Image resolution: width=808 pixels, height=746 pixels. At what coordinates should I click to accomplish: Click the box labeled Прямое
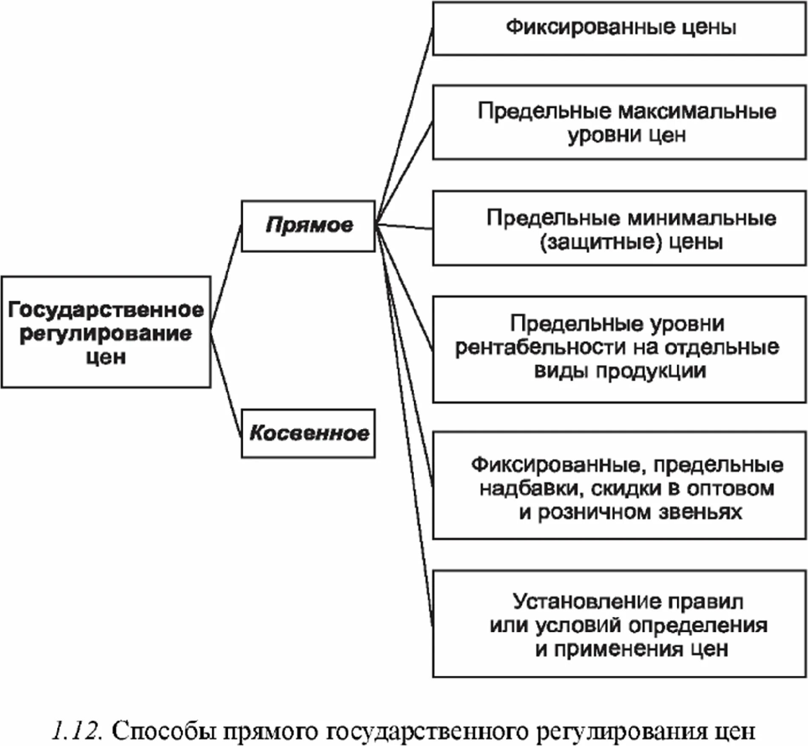tap(308, 226)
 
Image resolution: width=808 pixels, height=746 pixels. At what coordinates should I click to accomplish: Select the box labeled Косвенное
tap(308, 434)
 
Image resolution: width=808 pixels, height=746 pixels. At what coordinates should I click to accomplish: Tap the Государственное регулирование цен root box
tap(106, 332)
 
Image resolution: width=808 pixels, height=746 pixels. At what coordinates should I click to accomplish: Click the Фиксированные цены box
tap(619, 28)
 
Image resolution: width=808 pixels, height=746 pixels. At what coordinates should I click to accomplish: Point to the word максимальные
tap(697, 112)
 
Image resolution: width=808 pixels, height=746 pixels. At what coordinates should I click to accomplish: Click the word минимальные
tap(702, 218)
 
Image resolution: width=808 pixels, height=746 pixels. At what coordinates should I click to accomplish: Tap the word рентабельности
tap(541, 348)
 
